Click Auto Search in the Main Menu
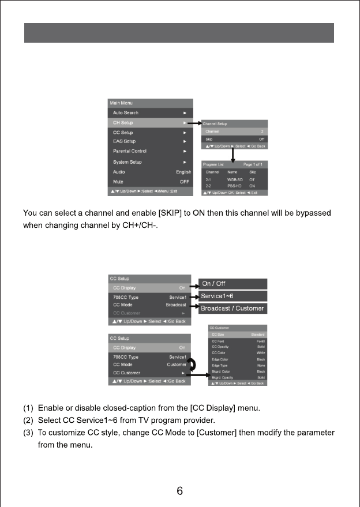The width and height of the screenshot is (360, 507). point(126,112)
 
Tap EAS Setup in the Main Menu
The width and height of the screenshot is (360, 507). point(125,141)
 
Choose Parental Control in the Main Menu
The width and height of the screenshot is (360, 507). point(130,151)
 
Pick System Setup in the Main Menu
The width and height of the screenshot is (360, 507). point(127,162)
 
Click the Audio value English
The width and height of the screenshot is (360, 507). point(183,172)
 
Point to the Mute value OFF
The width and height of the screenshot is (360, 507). point(185,182)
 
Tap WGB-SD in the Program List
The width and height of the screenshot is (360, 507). point(234,180)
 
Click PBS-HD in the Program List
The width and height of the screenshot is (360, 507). point(234,186)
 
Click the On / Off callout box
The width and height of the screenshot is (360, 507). point(233,284)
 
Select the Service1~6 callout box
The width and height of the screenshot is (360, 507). point(233,296)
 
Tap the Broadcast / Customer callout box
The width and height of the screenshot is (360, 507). point(233,309)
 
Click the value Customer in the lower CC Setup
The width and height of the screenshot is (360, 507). point(177,365)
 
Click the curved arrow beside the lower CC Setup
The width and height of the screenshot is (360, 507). point(192,365)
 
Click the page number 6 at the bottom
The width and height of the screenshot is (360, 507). point(180,491)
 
